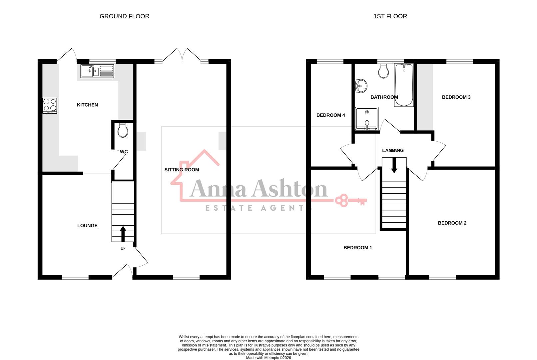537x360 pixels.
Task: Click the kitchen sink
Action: pyautogui.click(x=97, y=71)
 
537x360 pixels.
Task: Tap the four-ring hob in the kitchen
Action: pyautogui.click(x=50, y=105)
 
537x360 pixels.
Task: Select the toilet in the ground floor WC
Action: pyautogui.click(x=123, y=131)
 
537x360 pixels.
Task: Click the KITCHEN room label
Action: pyautogui.click(x=87, y=105)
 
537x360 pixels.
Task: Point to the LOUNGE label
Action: pyautogui.click(x=87, y=226)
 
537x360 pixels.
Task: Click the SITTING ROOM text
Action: pyautogui.click(x=182, y=170)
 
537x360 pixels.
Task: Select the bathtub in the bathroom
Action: pyautogui.click(x=404, y=85)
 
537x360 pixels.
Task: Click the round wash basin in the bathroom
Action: pyautogui.click(x=361, y=86)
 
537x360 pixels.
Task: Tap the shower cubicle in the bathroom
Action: pyautogui.click(x=367, y=118)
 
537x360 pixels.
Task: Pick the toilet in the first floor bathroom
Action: pyautogui.click(x=383, y=71)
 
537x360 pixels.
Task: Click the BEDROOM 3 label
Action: pyautogui.click(x=456, y=97)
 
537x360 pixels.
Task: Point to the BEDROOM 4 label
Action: pyautogui.click(x=330, y=115)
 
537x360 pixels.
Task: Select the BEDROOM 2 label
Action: pyautogui.click(x=452, y=223)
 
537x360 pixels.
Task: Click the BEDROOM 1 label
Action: pyautogui.click(x=358, y=248)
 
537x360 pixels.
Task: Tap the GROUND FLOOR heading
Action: pyautogui.click(x=124, y=16)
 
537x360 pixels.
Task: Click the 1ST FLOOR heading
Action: pyautogui.click(x=390, y=16)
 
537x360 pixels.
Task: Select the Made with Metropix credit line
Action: pyautogui.click(x=268, y=358)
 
